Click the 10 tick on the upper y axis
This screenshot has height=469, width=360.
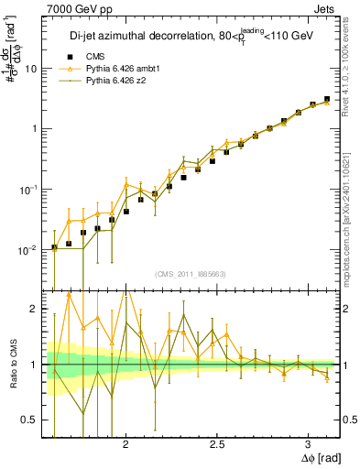pos(32,69)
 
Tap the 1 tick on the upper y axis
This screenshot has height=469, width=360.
pos(35,129)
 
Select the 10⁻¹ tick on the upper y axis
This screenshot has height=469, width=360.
pos(30,189)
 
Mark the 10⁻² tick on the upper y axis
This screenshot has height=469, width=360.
pos(30,249)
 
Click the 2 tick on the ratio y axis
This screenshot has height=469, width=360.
pos(35,310)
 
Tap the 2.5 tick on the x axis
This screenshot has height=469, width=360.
pos(217,445)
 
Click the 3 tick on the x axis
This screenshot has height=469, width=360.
pos(309,445)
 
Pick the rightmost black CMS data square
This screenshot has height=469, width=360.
pos(327,99)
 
